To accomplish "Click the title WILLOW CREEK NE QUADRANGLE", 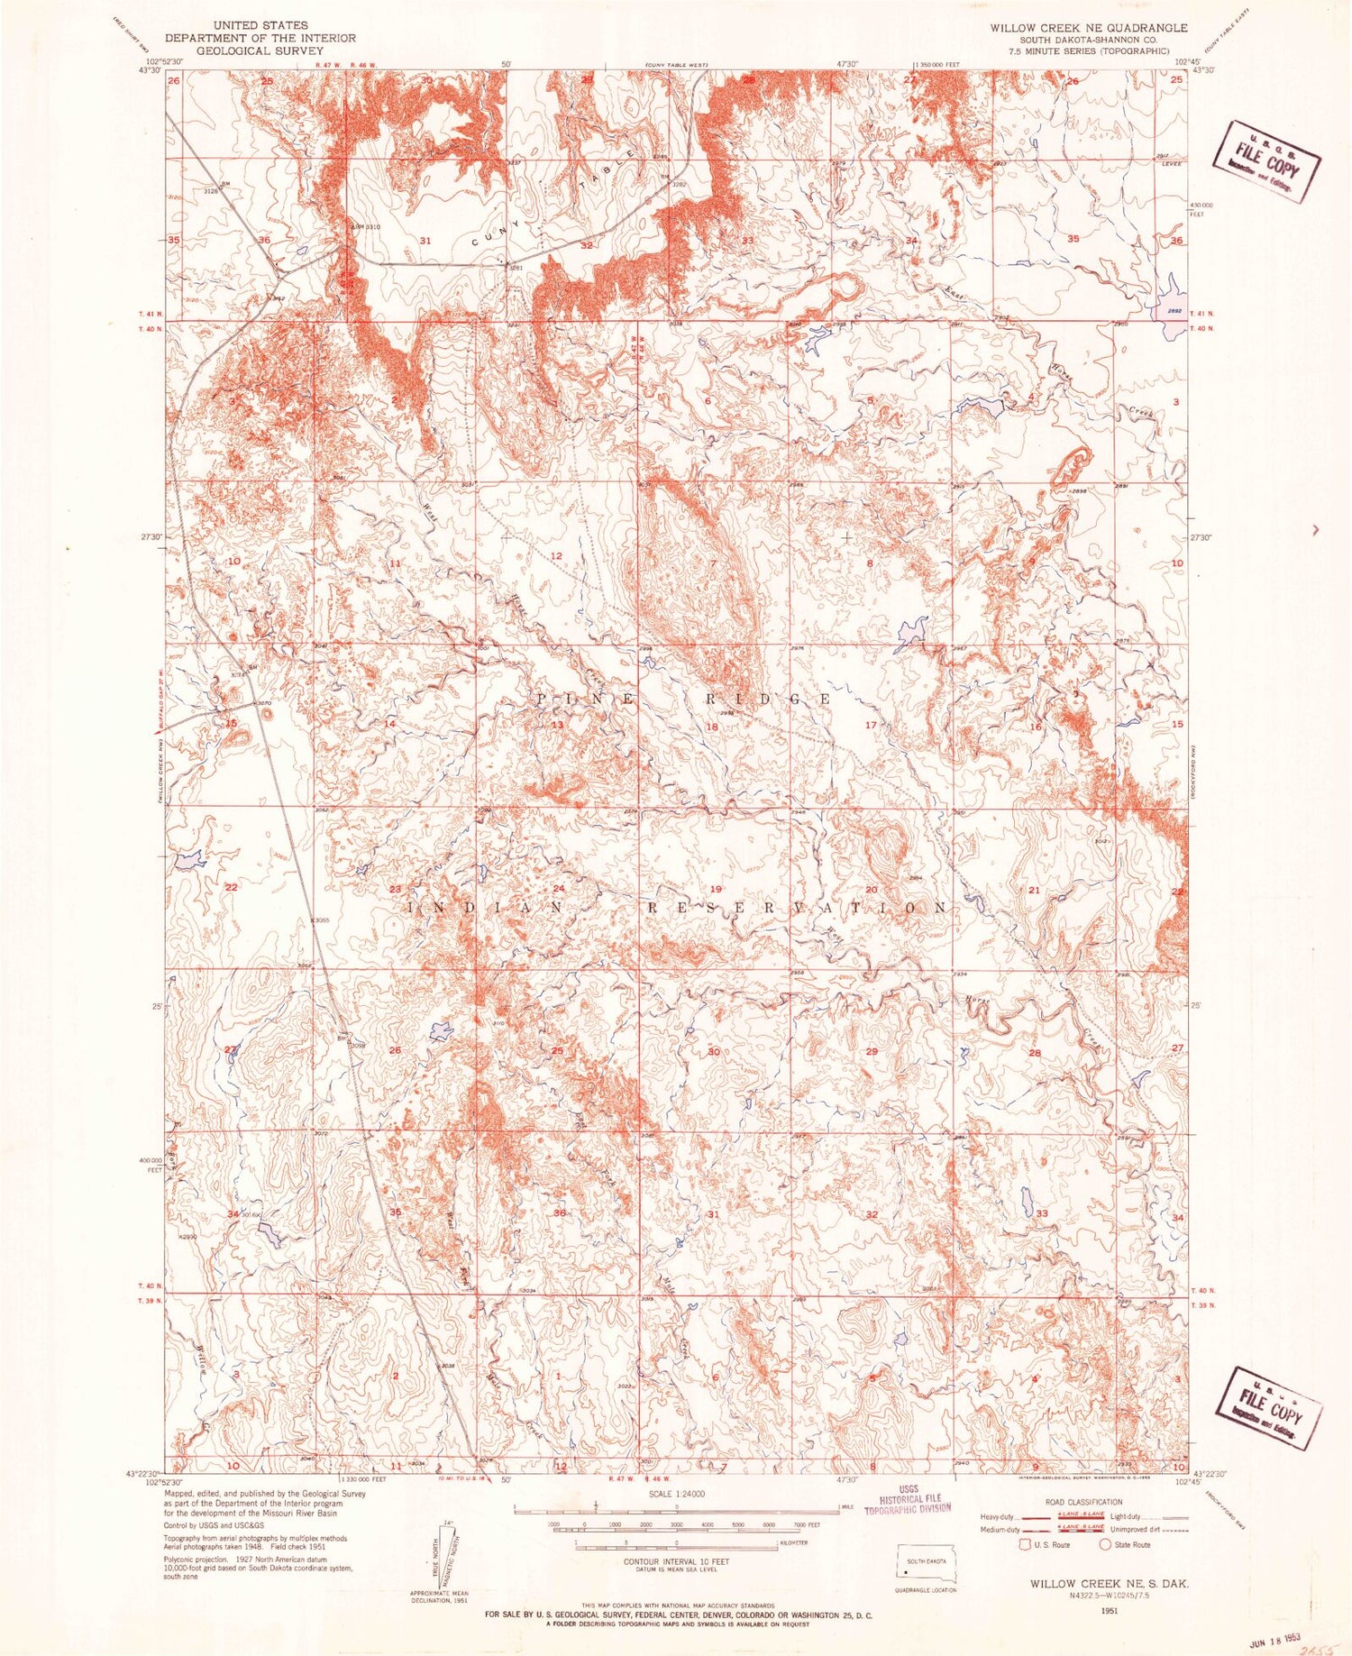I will click(x=1088, y=28).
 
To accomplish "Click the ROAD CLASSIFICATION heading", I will click(x=1084, y=1502).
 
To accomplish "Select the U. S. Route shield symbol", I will click(x=1024, y=1545).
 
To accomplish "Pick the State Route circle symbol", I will click(x=1105, y=1545).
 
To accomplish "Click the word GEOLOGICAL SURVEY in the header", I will click(x=260, y=51).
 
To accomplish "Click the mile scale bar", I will click(x=676, y=1507).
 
